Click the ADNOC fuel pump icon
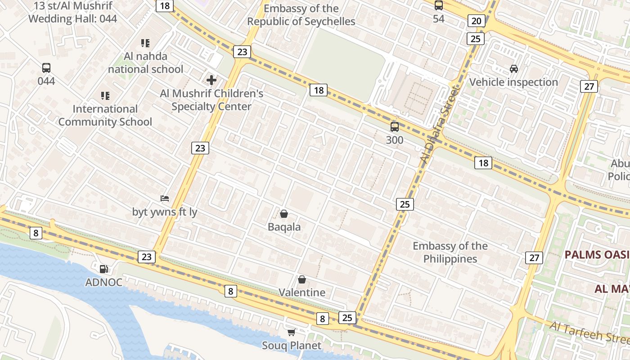104,269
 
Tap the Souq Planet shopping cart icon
292,333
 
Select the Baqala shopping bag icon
284,214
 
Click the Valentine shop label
302,292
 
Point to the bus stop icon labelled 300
395,127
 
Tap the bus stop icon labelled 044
46,68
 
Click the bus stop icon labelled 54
438,5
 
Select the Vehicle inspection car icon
514,69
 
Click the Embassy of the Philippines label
450,252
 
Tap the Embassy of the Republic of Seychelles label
301,15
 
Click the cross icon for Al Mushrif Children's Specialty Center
211,81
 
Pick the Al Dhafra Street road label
438,126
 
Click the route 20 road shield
477,21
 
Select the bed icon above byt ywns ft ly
165,198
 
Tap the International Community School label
105,116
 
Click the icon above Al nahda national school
145,43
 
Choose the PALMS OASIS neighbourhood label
597,255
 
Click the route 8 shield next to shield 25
322,319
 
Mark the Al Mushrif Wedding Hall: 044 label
72,13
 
